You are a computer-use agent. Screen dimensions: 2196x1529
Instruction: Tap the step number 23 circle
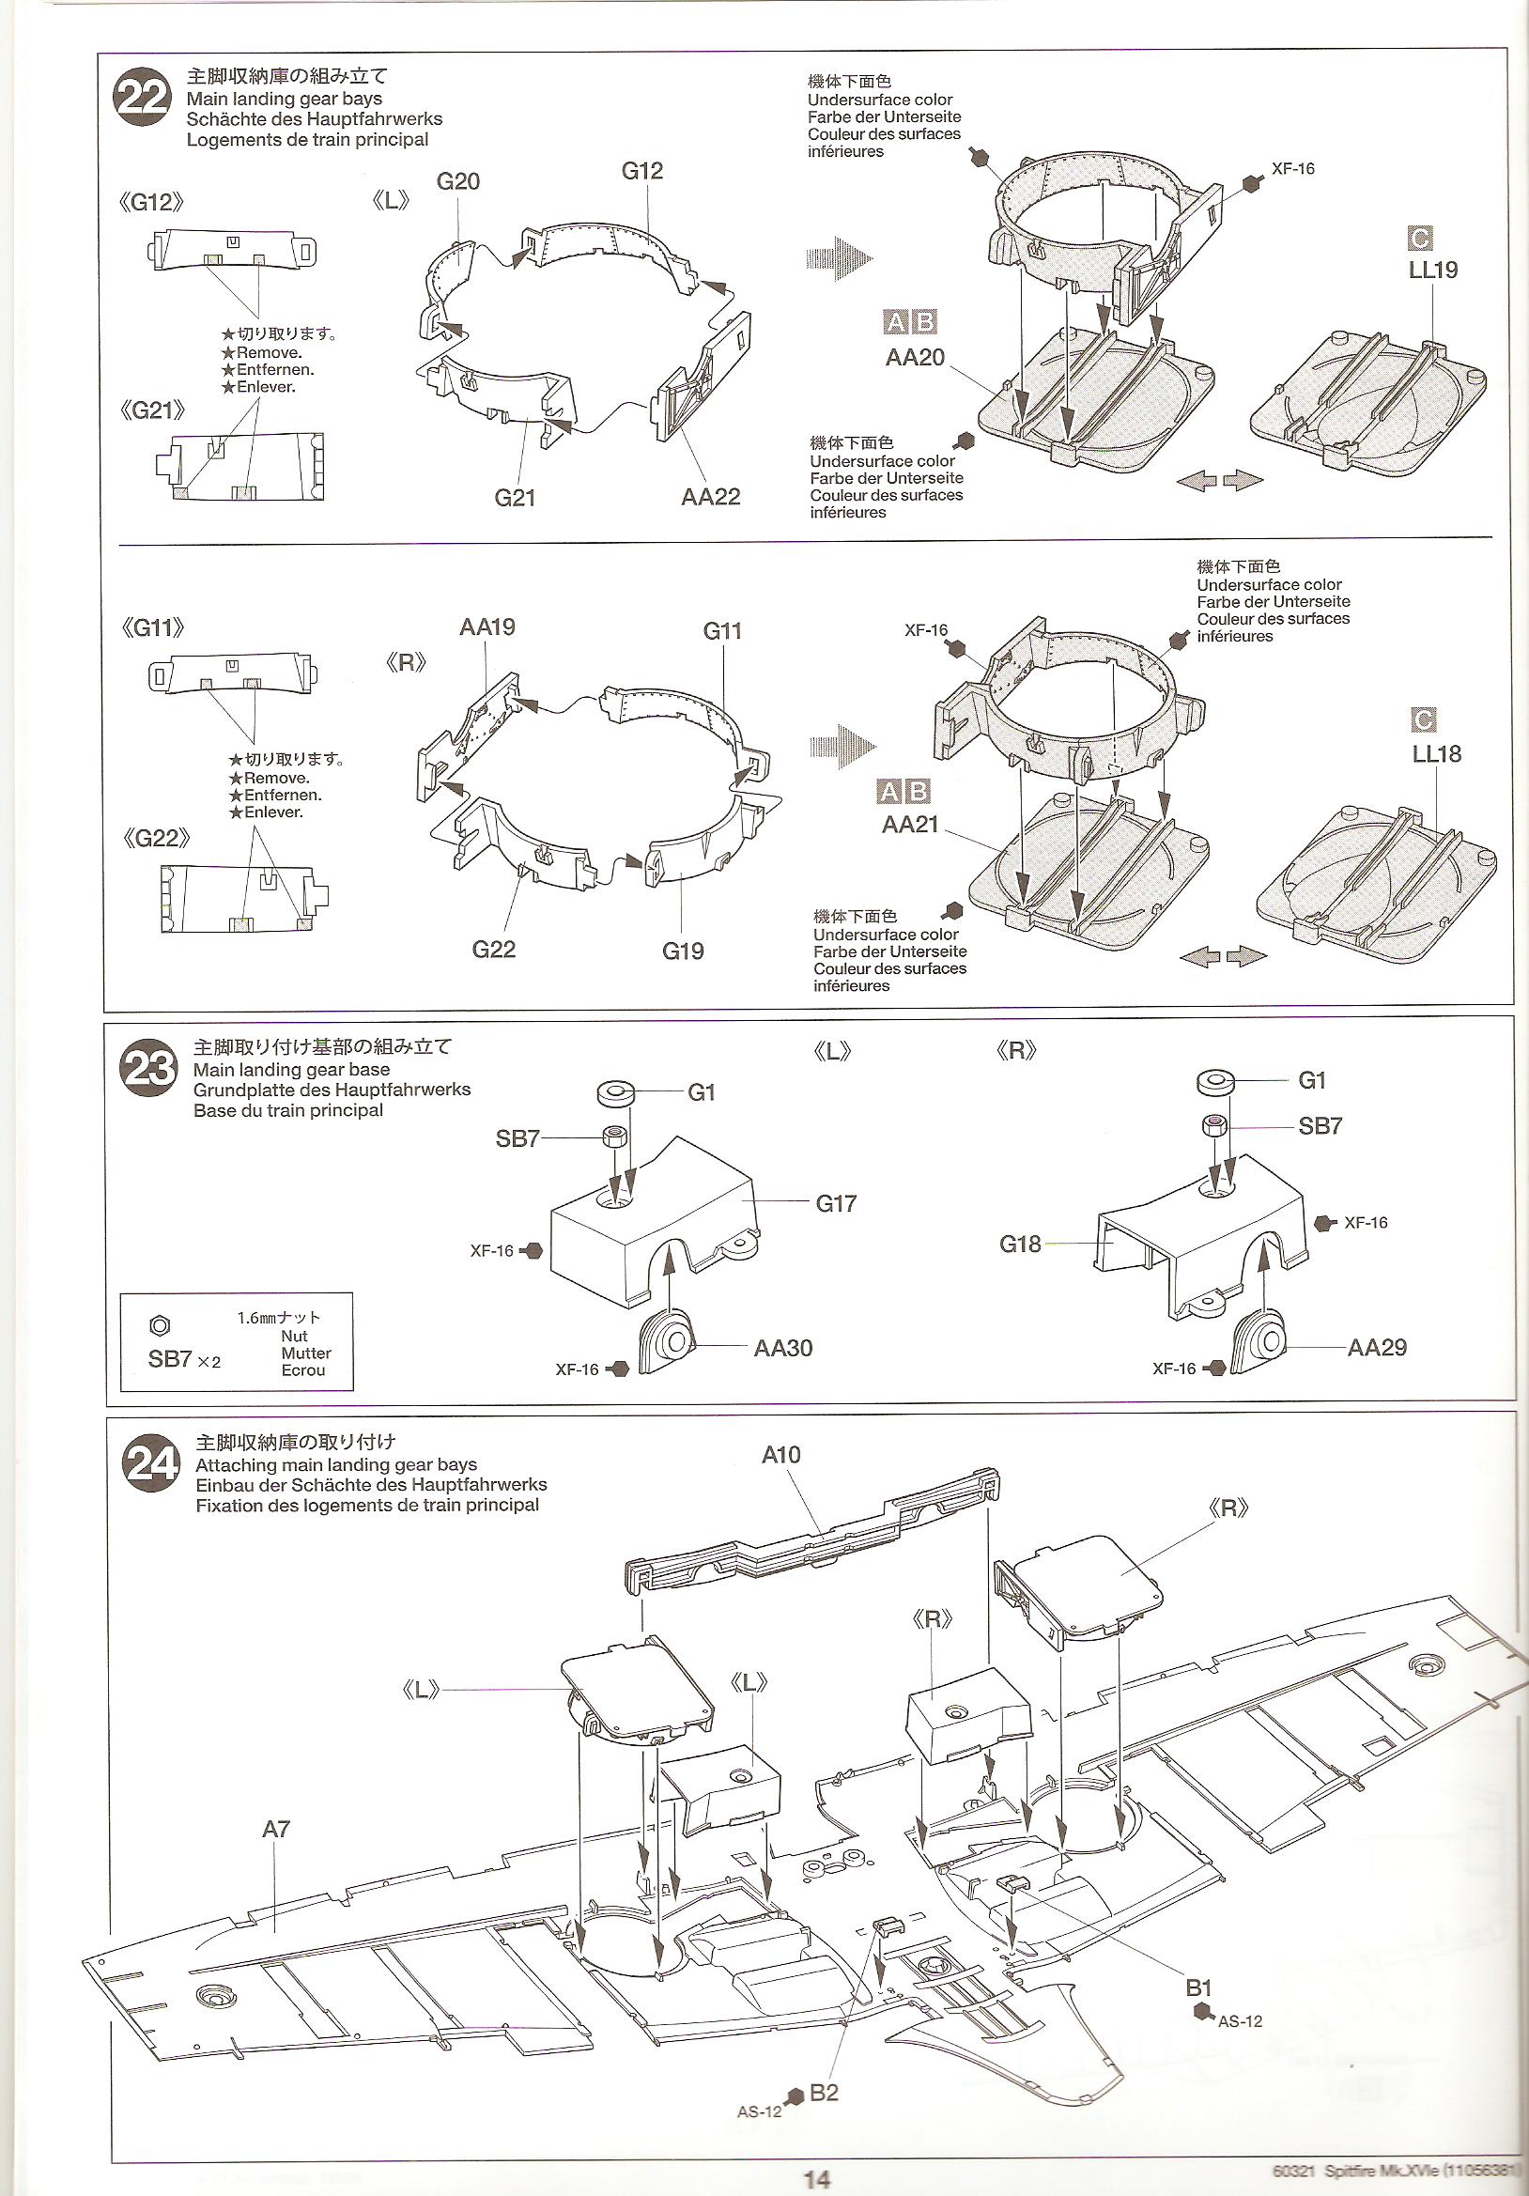point(148,1068)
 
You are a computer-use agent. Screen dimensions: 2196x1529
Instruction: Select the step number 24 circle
point(151,1464)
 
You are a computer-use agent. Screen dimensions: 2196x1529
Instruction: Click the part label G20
point(457,181)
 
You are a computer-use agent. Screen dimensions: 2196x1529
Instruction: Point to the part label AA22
point(710,496)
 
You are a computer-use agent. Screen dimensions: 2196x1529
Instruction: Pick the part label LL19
point(1432,270)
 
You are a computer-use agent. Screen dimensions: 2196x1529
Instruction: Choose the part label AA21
point(910,825)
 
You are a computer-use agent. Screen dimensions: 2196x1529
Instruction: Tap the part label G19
point(683,951)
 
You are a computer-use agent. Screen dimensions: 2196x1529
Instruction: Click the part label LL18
point(1436,753)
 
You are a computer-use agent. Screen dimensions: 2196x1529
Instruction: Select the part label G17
point(836,1203)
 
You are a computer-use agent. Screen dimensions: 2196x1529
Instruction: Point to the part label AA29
point(1376,1348)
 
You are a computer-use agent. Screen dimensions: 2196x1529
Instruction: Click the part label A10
point(780,1455)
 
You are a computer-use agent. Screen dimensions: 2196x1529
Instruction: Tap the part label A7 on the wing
point(275,1830)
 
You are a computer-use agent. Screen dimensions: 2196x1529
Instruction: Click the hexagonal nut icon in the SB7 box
point(161,1325)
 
